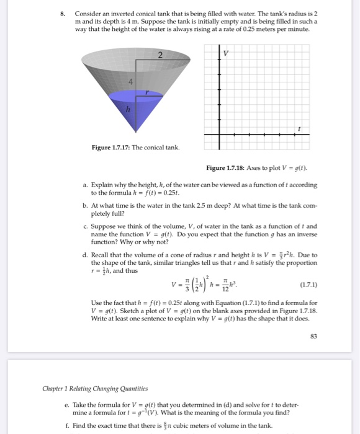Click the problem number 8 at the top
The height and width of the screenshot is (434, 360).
(62, 13)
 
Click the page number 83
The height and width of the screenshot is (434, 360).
(313, 335)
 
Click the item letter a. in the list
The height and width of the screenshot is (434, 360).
(84, 185)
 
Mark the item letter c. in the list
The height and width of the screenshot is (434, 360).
(84, 226)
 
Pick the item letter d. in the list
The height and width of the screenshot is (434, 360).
(84, 254)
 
